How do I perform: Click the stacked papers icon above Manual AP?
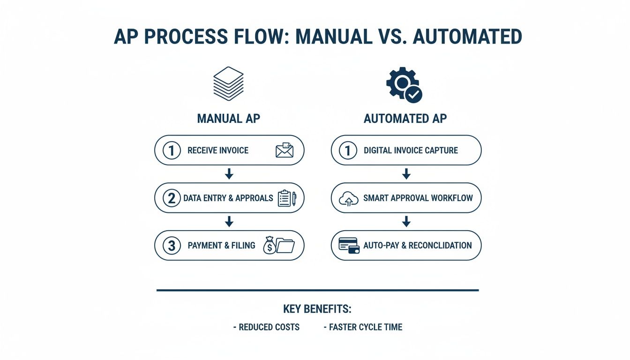tap(228, 83)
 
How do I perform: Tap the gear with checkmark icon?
tap(404, 84)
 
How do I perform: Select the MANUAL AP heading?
tap(228, 119)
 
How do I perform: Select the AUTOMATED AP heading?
tap(405, 119)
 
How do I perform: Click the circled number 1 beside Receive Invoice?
tap(172, 150)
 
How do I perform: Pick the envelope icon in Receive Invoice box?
tap(284, 150)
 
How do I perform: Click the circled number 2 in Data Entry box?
tap(172, 198)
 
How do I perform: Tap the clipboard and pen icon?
tap(286, 198)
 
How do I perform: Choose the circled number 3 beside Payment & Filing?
tap(172, 246)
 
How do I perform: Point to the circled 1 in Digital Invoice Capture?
tap(348, 150)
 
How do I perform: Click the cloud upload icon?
tap(348, 199)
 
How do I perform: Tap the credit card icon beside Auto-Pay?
tap(349, 246)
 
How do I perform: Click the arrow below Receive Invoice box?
tap(229, 174)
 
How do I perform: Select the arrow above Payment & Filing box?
tap(229, 222)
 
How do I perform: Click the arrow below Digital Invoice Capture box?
tap(406, 174)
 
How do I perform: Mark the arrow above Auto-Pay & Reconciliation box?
tap(406, 222)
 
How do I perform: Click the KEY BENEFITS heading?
tap(317, 309)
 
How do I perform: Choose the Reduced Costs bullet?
tap(266, 327)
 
